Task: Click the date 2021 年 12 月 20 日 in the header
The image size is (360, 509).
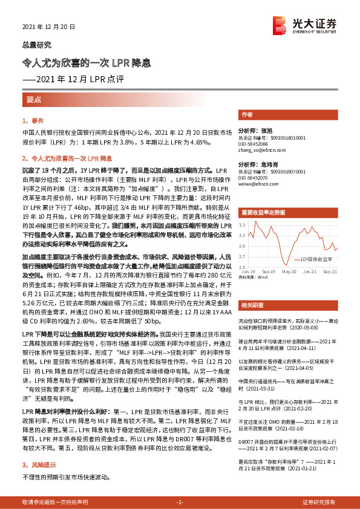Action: tap(48, 27)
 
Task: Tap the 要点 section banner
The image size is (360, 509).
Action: tap(34, 99)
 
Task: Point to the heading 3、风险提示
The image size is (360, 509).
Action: tap(40, 449)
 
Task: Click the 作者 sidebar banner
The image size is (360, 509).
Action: tap(247, 114)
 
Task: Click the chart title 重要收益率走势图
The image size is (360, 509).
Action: tap(263, 213)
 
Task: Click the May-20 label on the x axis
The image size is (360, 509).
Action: tap(288, 271)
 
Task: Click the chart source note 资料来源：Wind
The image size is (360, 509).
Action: tap(253, 277)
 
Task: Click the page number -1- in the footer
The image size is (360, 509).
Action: tap(180, 502)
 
